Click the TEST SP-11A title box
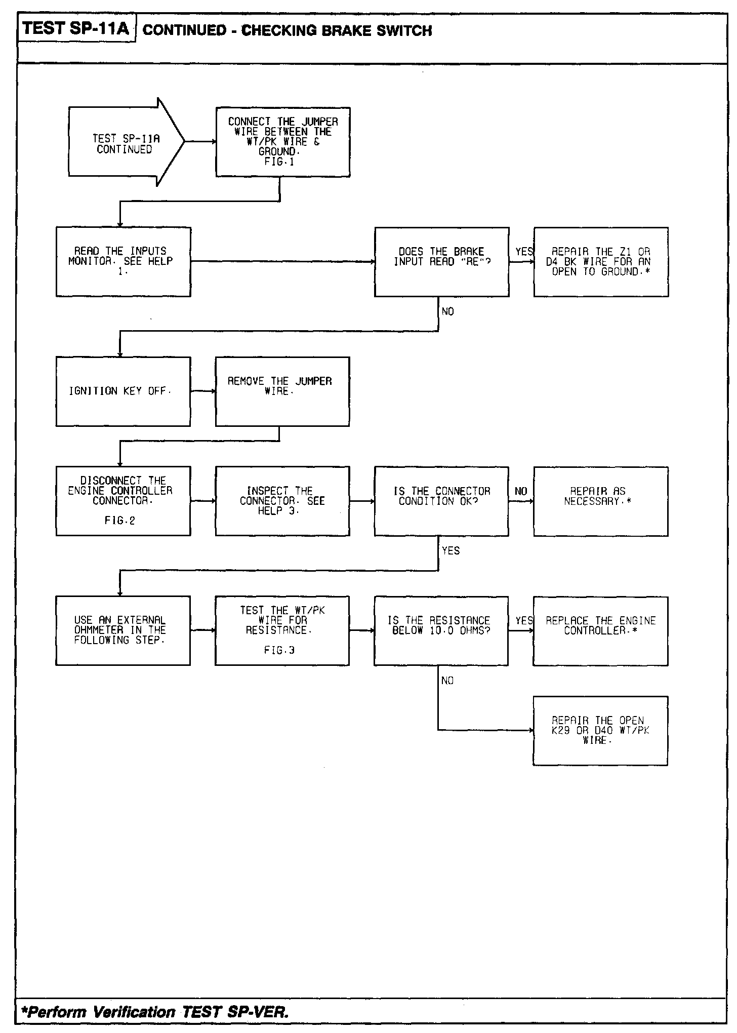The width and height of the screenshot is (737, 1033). coord(76,28)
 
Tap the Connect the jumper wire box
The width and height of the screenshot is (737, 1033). coord(283,142)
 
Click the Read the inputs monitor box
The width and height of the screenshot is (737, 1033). coord(123,262)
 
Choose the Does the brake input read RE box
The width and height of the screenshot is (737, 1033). coord(441,262)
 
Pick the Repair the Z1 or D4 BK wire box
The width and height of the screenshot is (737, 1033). coord(601,262)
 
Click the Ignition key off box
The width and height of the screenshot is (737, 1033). coord(123,391)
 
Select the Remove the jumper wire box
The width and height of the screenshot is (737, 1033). coord(282,391)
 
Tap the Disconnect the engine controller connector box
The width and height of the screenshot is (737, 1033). coord(123,501)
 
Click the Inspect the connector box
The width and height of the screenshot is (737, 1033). coord(282,501)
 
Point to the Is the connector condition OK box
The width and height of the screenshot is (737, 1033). coord(441,501)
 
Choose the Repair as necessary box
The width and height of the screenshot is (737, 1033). coord(600,501)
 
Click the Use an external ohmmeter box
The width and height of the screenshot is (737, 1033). coord(123,630)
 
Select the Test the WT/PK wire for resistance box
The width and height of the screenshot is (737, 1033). coord(282,630)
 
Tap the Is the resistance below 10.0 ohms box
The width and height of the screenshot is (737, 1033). coord(441,630)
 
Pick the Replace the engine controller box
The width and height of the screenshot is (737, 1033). coord(600,630)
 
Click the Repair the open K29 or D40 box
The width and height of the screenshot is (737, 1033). coord(600,731)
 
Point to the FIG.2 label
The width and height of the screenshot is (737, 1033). coord(120,521)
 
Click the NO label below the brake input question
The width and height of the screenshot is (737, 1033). coord(448,312)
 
